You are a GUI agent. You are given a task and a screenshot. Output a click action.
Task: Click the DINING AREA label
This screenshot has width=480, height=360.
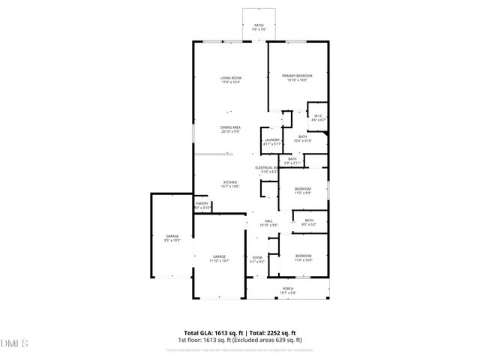pyautogui.click(x=230, y=129)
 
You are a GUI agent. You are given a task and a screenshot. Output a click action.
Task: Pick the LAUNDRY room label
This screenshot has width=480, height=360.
pyautogui.click(x=271, y=141)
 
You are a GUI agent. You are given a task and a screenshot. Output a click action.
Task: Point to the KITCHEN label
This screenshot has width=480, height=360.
pyautogui.click(x=229, y=184)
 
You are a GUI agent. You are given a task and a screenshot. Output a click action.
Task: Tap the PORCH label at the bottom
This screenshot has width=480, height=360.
pyautogui.click(x=288, y=290)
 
